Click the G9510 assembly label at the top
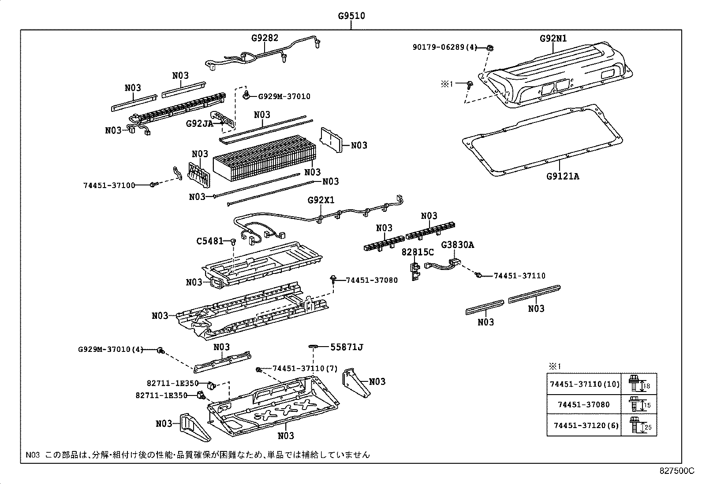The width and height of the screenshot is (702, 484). click(351, 16)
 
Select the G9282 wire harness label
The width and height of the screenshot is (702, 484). click(265, 38)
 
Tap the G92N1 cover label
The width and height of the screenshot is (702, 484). click(553, 38)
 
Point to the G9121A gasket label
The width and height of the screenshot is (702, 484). click(562, 176)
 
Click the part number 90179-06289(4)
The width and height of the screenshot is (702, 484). click(445, 47)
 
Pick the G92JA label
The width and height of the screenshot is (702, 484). click(199, 124)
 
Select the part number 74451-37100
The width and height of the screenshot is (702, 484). click(109, 185)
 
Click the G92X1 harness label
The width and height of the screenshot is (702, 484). click(321, 200)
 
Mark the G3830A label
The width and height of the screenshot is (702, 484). click(457, 245)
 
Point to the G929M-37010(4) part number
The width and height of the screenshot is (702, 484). click(111, 349)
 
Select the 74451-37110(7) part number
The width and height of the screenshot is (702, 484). click(305, 368)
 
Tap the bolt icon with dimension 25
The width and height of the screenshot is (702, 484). click(635, 425)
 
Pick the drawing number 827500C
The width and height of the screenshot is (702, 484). click(677, 470)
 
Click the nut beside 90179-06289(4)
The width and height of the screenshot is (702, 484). click(490, 48)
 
